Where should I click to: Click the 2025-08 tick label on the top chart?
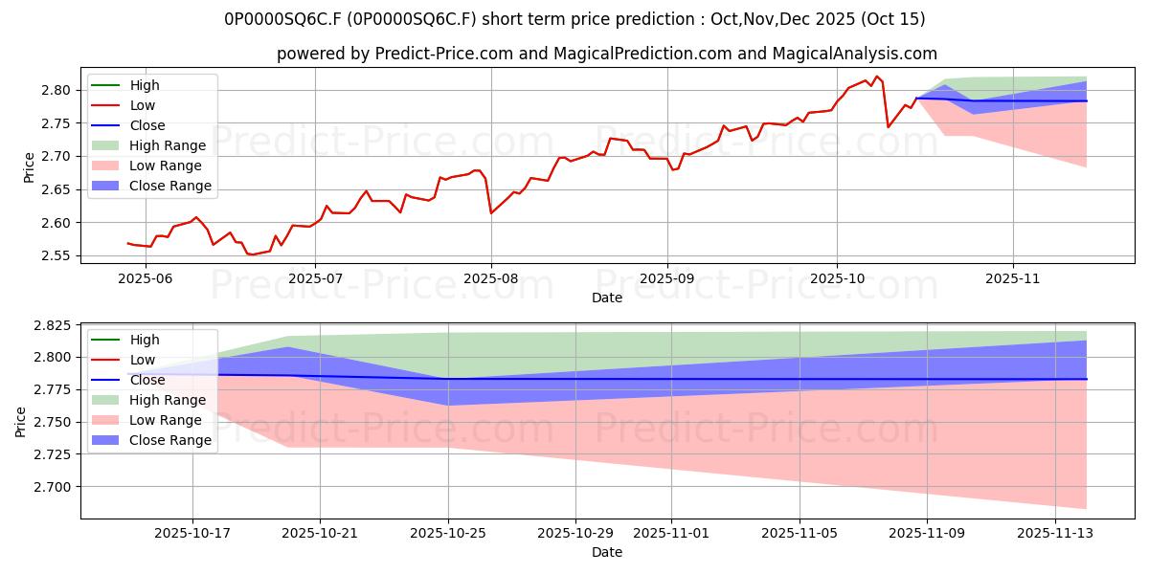[491, 278]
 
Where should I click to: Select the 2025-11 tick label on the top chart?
[1013, 278]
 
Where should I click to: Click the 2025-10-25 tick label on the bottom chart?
[448, 533]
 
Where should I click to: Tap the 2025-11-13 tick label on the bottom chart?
[1054, 533]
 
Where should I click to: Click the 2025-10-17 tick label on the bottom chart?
[192, 533]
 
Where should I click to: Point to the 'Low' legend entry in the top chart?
[143, 105]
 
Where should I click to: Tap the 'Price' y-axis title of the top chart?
[30, 166]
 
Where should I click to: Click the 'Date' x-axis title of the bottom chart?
[607, 552]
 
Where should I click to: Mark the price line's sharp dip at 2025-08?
[491, 212]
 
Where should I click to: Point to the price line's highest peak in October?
[876, 77]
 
